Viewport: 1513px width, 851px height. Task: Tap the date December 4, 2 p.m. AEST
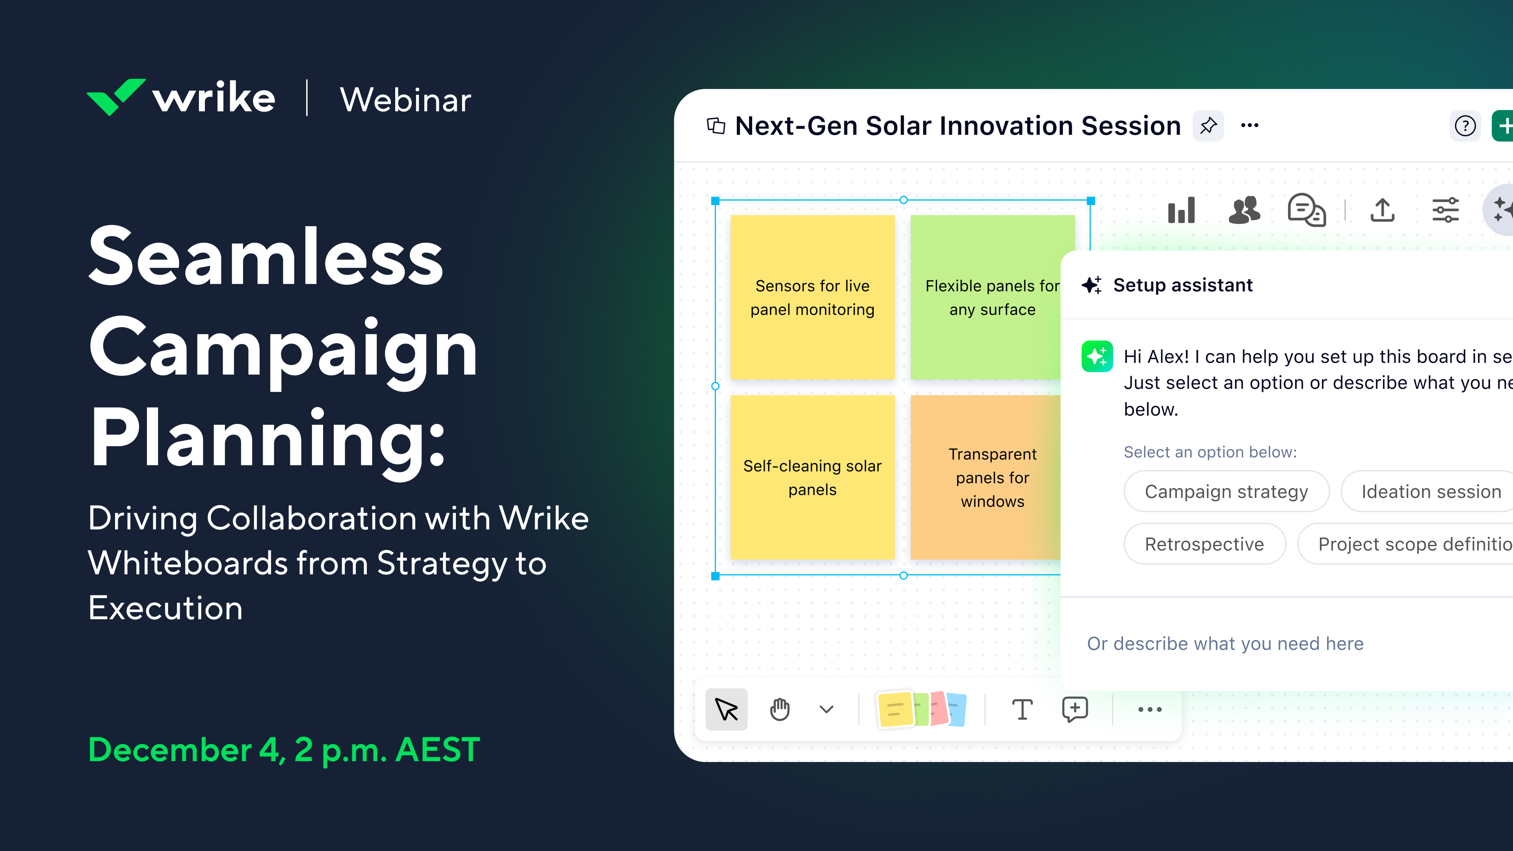coord(284,750)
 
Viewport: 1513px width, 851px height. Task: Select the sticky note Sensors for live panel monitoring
coord(812,297)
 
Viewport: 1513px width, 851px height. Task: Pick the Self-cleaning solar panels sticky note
coord(812,477)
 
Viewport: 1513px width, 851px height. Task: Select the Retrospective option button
coord(1204,544)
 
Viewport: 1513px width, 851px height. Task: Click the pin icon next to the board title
coord(1208,126)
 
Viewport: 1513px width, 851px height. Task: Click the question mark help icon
coord(1465,126)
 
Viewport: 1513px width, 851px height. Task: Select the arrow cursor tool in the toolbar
coord(727,710)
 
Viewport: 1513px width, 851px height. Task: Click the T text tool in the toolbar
coord(1022,710)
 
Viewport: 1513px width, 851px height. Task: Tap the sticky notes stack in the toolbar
coord(920,710)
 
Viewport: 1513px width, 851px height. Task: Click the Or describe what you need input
coord(1225,644)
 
